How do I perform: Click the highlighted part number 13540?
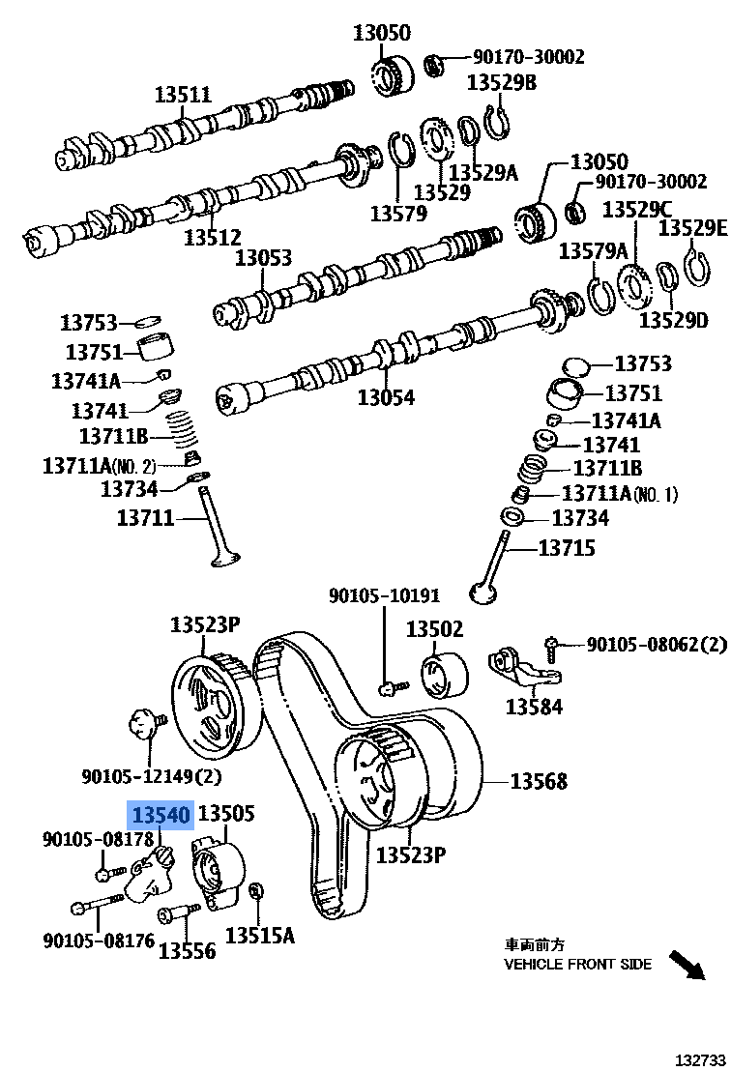click(161, 815)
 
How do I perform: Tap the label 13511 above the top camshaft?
click(183, 95)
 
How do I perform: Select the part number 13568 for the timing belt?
click(539, 781)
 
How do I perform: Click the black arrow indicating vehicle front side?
click(688, 964)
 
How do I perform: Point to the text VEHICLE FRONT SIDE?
click(577, 964)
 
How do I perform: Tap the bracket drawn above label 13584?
click(523, 669)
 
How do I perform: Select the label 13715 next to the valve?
click(566, 548)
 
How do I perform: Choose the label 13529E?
click(692, 228)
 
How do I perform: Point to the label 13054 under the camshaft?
click(385, 397)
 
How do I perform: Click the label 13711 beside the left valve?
click(145, 517)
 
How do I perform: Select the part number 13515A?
click(260, 935)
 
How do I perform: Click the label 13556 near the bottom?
click(187, 951)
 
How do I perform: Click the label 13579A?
click(593, 252)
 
